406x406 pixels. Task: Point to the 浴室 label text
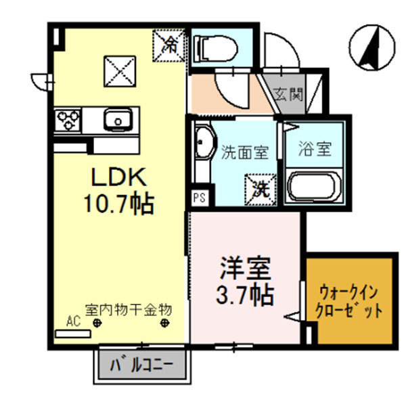(316, 150)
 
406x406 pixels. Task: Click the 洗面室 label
(245, 152)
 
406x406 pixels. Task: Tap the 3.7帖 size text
(245, 294)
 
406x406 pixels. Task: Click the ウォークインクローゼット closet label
(349, 302)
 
